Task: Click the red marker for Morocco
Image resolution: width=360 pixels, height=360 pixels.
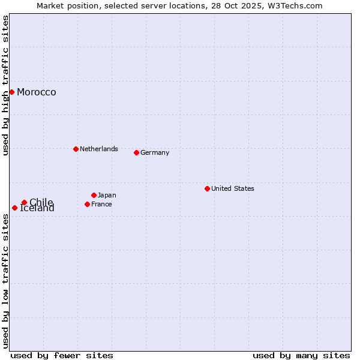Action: pos(11,92)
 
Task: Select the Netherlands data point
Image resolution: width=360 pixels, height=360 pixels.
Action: pos(76,149)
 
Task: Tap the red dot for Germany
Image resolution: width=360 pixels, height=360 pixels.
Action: pos(136,152)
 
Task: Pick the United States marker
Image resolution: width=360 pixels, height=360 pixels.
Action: pos(207,188)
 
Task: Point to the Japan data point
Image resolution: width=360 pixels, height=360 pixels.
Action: pos(94,195)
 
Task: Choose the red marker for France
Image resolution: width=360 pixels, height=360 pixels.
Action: pos(87,204)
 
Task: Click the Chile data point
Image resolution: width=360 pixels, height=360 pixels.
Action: pos(24,202)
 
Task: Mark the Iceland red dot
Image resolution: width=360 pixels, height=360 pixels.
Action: pos(14,208)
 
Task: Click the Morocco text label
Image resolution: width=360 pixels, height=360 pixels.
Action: pos(36,92)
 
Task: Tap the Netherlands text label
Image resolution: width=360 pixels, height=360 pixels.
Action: pos(98,149)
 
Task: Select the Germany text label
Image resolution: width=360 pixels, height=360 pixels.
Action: pos(155,152)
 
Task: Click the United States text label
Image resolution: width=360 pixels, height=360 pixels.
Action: pos(232,188)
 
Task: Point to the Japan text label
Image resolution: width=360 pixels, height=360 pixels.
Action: pos(107,195)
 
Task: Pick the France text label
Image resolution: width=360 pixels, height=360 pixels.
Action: pos(101,204)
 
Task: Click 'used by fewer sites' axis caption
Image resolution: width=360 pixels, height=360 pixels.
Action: pos(62,355)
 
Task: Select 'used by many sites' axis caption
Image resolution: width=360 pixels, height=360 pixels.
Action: pos(301,355)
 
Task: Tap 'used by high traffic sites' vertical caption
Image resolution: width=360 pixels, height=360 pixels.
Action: pos(5,85)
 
